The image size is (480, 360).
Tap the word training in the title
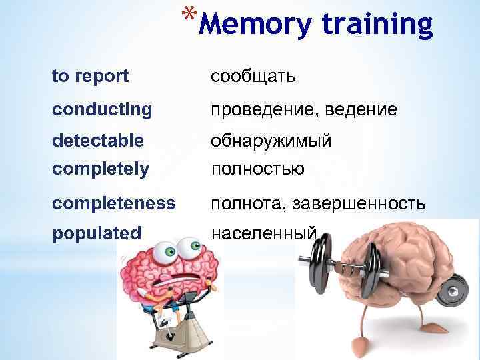coord(377,24)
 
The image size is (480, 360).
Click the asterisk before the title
coord(189,14)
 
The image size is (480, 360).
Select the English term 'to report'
coord(91,77)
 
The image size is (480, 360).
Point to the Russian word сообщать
coord(253,77)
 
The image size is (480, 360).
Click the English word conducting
coord(102,109)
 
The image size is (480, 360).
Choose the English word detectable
coord(98,141)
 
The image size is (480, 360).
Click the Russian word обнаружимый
coord(271,141)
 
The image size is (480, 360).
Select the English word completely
coord(100,169)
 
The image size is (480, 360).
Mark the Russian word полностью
coord(257,169)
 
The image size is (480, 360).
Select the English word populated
coord(97,233)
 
